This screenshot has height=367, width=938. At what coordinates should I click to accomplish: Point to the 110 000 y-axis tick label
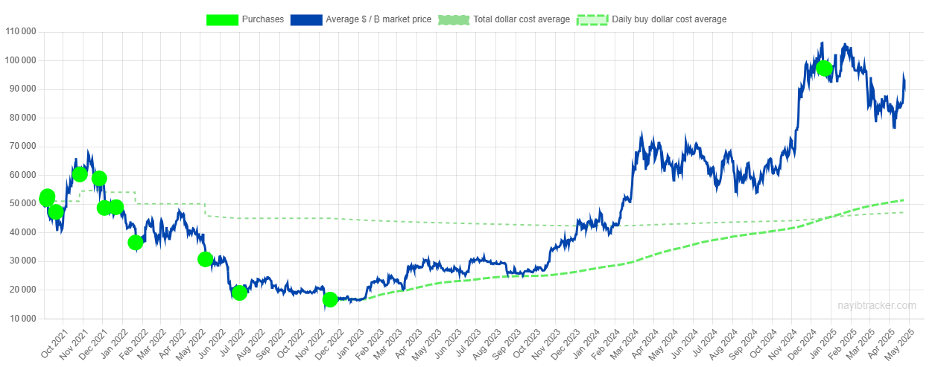coord(21,32)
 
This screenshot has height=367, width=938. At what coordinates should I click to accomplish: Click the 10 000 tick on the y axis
coord(23,319)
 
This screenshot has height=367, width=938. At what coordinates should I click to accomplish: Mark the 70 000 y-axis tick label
coord(23,147)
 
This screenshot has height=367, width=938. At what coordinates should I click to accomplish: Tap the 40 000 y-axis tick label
coord(23,233)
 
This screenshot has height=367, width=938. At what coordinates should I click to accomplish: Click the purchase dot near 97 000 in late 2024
coord(823,68)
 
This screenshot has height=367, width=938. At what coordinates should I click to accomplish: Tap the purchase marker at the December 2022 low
coord(330,299)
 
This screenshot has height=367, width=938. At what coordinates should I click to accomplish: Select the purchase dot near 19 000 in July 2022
coord(239,293)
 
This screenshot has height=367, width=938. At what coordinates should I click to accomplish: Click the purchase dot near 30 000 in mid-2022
coord(206,259)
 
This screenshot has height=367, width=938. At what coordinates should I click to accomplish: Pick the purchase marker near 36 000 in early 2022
coord(135,242)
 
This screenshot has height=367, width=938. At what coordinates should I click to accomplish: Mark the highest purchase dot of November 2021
coord(80,174)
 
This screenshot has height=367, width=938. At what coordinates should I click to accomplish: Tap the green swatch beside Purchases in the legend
coord(222,19)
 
